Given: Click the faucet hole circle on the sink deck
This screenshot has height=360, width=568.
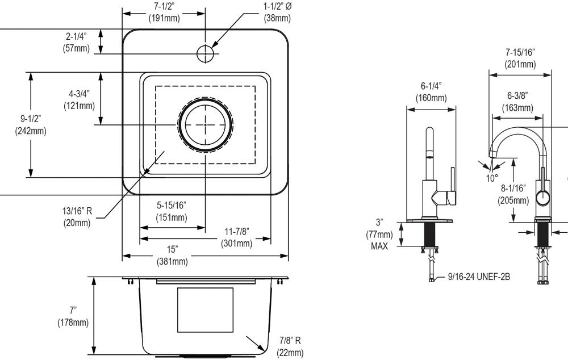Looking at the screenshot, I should pos(204,53).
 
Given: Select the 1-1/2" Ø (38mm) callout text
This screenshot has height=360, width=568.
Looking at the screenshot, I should pos(277,13).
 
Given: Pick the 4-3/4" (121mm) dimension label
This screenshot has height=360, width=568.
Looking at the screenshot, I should pos(76,100).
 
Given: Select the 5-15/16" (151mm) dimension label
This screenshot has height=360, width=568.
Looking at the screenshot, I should pos(172,211).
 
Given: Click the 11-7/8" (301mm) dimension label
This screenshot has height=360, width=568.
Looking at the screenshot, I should pos(236,238).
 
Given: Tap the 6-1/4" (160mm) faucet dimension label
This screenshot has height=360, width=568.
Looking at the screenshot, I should pos(431,91).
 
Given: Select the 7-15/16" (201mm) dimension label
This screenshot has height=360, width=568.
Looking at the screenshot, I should pos(520,58).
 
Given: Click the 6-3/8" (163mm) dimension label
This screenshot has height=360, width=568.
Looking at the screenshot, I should pos(517,102).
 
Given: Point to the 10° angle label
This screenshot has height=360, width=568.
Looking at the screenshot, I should pos(492,178).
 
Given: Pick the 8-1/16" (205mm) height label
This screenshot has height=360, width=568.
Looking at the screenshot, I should pos(513,194).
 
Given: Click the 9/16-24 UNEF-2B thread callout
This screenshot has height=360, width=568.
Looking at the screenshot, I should pos(479,277).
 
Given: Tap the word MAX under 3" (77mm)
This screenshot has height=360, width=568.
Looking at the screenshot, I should pos(379,246).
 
